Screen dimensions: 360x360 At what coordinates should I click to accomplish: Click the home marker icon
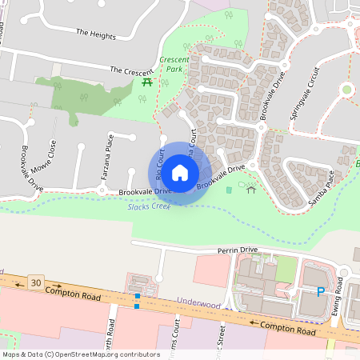(x=180, y=173)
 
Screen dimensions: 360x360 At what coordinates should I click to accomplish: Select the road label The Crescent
(x=131, y=71)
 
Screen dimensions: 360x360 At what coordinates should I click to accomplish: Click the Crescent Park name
(x=173, y=65)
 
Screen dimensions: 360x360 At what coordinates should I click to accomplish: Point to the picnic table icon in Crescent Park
(x=146, y=82)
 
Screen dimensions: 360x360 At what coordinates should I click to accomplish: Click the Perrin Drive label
(x=238, y=250)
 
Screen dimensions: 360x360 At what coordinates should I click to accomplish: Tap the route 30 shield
(x=34, y=282)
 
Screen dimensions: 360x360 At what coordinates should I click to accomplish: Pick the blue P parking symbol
(x=321, y=292)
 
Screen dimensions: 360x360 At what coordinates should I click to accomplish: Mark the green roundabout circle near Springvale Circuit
(x=346, y=90)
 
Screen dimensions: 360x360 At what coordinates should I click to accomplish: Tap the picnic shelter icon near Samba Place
(x=250, y=190)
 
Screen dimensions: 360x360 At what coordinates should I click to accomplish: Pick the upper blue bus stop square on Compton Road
(x=138, y=296)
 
